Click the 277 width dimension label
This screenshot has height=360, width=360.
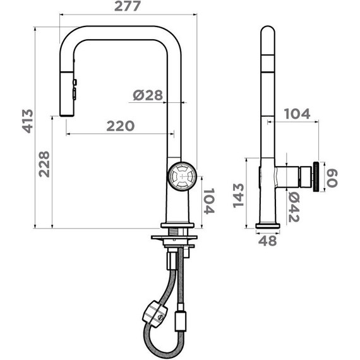click(x=127, y=6)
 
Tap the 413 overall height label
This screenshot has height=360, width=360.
click(x=28, y=121)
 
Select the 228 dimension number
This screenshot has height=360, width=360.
click(x=44, y=164)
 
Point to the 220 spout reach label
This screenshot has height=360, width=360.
click(x=121, y=126)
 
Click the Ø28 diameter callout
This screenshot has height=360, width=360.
click(x=148, y=95)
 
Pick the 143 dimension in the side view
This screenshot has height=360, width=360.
click(x=238, y=196)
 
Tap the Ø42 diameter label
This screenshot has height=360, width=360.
click(x=294, y=207)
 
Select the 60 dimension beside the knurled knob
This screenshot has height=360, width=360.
click(x=332, y=178)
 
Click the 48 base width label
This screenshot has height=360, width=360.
click(x=268, y=241)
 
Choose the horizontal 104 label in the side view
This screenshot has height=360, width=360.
click(x=297, y=114)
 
